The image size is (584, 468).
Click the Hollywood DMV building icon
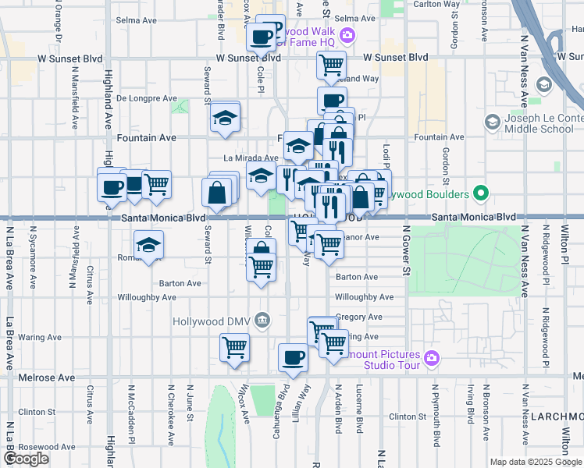click(x=262, y=319)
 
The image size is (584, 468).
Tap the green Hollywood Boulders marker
click(x=482, y=194)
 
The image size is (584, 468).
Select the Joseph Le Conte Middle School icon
click(x=492, y=122)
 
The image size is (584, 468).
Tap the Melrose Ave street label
click(x=47, y=378)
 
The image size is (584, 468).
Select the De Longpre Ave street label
click(x=147, y=98)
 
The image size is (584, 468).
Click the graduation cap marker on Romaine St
click(x=148, y=246)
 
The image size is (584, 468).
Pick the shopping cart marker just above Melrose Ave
click(x=234, y=347)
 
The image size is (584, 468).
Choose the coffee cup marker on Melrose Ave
click(x=294, y=358)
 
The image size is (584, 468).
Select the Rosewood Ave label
click(x=48, y=447)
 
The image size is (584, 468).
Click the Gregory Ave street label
click(x=358, y=317)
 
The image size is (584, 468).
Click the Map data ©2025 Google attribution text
click(x=535, y=462)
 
